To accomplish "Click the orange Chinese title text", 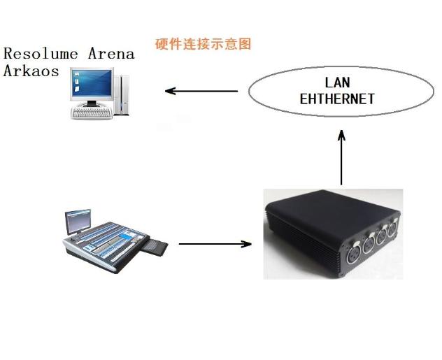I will tap(203, 44).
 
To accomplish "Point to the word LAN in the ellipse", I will tap(337, 83).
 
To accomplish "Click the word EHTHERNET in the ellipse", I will tap(337, 99).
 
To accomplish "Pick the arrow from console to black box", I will tap(215, 244).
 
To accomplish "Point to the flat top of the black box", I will tap(329, 209).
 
